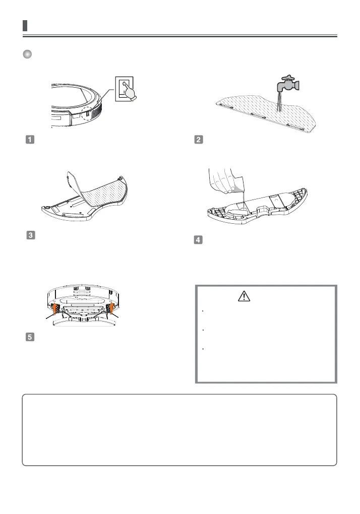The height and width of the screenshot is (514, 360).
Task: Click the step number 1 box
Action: coord(29,140)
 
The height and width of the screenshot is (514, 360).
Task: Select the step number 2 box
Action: coord(199,140)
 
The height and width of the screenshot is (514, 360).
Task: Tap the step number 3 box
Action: coord(29,235)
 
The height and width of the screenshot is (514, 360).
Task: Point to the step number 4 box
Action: coord(199,240)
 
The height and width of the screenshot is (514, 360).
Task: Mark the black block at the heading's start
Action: coord(25,26)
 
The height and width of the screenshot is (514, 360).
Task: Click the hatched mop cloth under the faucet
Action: coord(262,113)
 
